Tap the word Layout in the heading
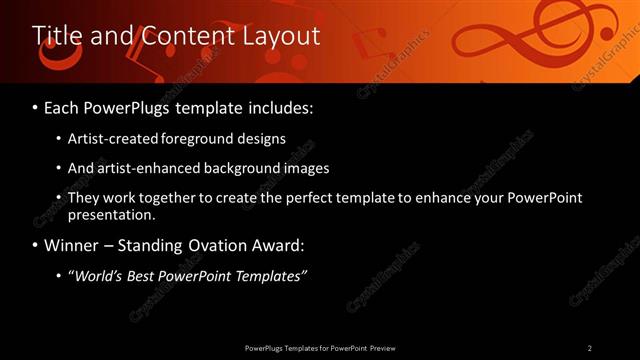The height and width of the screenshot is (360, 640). click(281, 35)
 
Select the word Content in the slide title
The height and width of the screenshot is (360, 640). click(181, 35)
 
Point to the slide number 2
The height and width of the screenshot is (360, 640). click(590, 348)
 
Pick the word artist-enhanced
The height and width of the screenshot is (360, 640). click(143, 168)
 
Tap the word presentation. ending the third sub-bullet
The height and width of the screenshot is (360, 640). click(112, 214)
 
